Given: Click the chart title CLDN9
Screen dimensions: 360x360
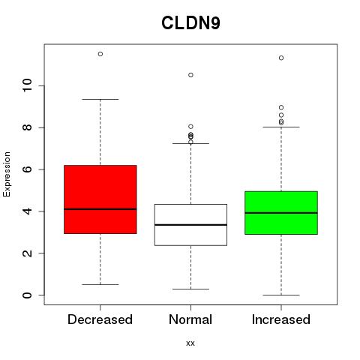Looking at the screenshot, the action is pyautogui.click(x=190, y=22).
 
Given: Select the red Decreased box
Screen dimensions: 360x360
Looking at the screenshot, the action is pyautogui.click(x=100, y=199).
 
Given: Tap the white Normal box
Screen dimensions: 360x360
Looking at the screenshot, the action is pyautogui.click(x=190, y=225).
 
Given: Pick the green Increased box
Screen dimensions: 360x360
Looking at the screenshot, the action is pyautogui.click(x=281, y=213).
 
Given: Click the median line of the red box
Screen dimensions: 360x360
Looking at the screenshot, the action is pyautogui.click(x=100, y=209).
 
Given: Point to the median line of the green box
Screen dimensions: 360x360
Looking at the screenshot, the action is pyautogui.click(x=281, y=213).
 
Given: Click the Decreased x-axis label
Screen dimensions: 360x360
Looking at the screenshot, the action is pyautogui.click(x=100, y=319).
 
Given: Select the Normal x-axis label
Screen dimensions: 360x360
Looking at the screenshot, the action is pyautogui.click(x=190, y=319).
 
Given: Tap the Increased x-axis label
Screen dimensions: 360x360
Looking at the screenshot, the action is pyautogui.click(x=281, y=319).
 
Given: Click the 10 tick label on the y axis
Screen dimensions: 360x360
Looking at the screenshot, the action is pyautogui.click(x=27, y=85).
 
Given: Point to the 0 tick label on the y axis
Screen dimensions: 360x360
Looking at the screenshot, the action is pyautogui.click(x=27, y=295).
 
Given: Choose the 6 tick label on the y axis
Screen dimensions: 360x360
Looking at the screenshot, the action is pyautogui.click(x=27, y=169).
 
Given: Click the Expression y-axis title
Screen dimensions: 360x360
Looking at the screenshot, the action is pyautogui.click(x=7, y=174).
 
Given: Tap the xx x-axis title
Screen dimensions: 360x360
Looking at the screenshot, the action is pyautogui.click(x=190, y=343).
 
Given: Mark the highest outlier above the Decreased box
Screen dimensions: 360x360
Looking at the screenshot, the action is pyautogui.click(x=100, y=54).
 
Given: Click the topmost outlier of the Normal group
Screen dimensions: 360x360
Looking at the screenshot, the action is pyautogui.click(x=190, y=75).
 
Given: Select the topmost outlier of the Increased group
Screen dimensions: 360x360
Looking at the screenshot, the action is pyautogui.click(x=281, y=58).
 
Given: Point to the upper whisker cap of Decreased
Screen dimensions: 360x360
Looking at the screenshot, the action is pyautogui.click(x=100, y=99).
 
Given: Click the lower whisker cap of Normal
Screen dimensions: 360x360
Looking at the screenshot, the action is pyautogui.click(x=190, y=289).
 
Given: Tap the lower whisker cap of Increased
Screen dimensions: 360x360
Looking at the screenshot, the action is pyautogui.click(x=281, y=295).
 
